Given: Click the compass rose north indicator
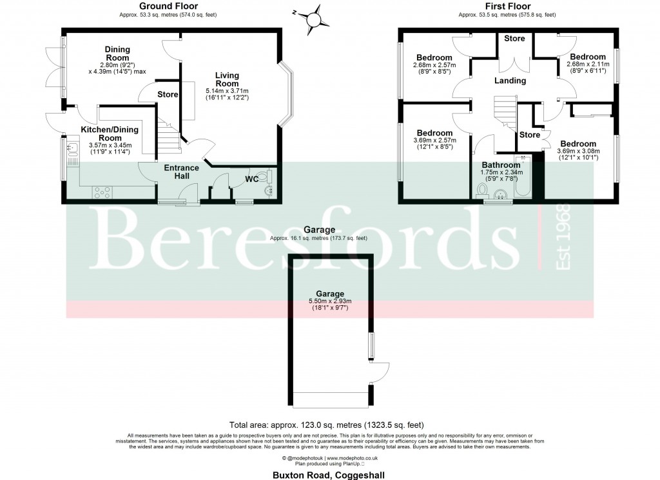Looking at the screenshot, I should pos(314,17).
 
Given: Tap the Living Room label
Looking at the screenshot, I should pos(227,79).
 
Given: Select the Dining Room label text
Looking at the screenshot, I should pos(118,54).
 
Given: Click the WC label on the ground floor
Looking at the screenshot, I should pos(252,179).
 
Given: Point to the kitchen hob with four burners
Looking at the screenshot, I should pos(103,192).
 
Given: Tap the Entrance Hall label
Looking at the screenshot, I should pos(181,172).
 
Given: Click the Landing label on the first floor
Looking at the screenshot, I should pos(510,81).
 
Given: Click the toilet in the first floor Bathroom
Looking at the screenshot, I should pos(481,190).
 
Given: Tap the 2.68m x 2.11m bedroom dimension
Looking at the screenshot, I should pos(587,65).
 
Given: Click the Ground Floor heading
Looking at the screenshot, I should pos(155,6).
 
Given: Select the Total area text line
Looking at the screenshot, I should pos(327,425).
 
